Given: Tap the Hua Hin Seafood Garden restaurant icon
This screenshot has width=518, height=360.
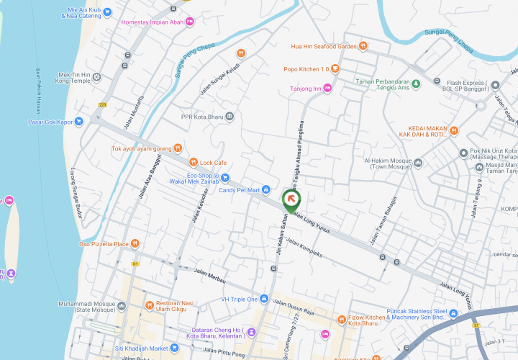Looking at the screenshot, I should point(364,46).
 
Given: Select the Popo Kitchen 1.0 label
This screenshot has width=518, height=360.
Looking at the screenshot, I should point(306,69).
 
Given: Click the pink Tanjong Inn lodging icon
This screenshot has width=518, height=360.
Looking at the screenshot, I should point(327,89).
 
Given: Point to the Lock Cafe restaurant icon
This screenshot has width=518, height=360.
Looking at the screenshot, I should point(192,162).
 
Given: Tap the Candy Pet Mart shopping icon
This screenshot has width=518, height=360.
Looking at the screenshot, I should point(266,190).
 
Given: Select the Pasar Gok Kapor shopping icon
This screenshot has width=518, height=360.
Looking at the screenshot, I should point(78,122).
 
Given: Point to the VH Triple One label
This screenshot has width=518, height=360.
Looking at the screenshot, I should point(240,299).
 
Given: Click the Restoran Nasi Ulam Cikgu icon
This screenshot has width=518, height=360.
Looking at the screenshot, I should point(150,305).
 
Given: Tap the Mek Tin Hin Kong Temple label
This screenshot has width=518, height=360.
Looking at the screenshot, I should point(73,78).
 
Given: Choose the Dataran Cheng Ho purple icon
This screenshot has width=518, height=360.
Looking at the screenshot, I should point(251,332).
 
